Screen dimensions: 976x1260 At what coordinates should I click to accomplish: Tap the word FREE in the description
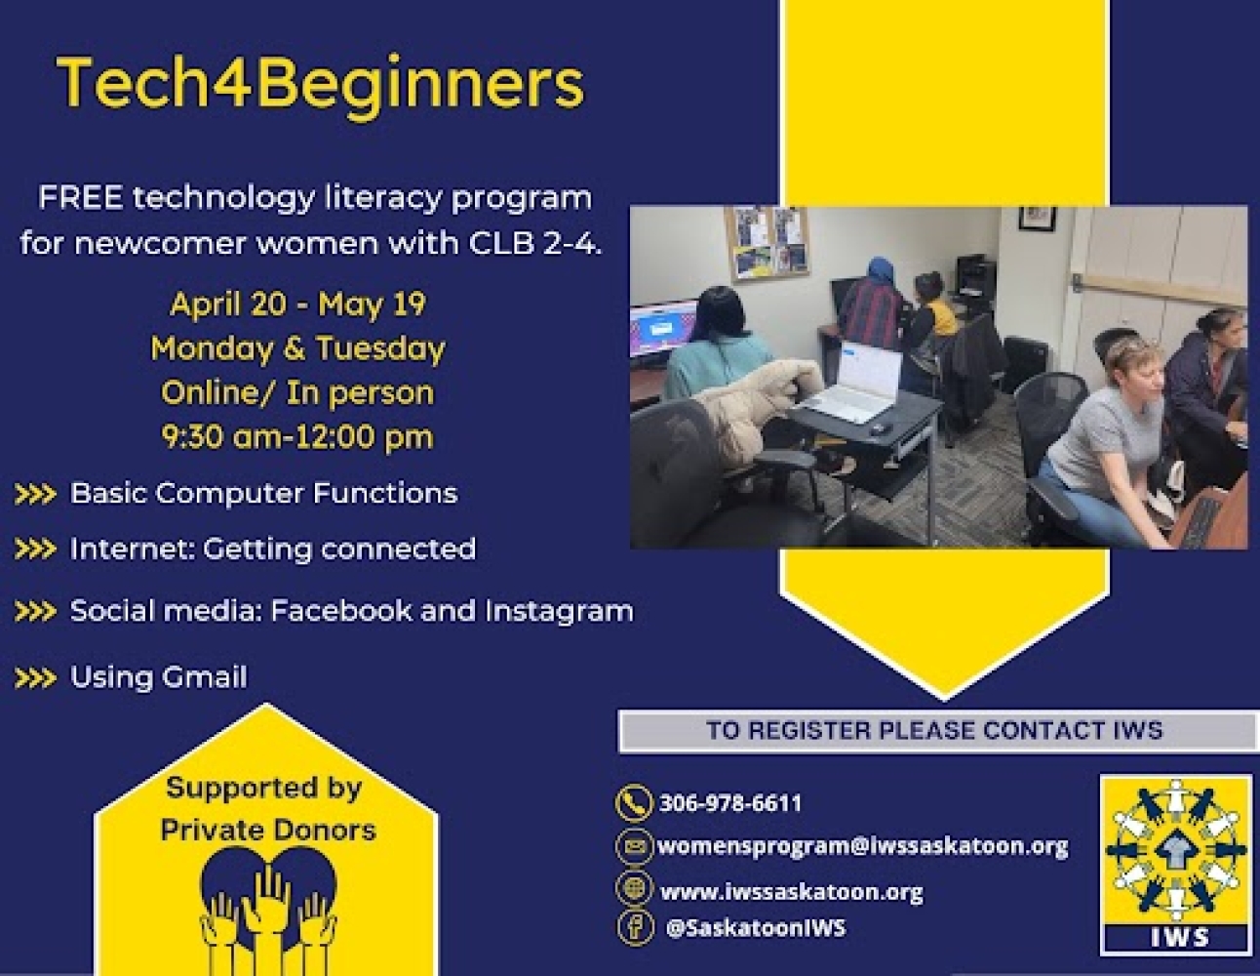pos(80,198)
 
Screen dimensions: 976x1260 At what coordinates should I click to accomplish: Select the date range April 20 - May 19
pos(297,305)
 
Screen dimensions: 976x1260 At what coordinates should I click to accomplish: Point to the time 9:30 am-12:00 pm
pos(297,436)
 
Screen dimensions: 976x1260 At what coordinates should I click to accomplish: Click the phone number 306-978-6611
pos(730,803)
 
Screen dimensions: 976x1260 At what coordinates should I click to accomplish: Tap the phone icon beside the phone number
pos(634,803)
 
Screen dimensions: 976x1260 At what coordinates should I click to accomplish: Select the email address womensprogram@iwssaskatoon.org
pos(862,846)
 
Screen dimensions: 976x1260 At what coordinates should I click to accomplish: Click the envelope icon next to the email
pos(634,846)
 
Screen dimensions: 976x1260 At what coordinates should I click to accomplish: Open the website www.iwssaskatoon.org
pos(791,891)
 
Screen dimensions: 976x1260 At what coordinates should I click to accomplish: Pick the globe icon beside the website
pos(634,888)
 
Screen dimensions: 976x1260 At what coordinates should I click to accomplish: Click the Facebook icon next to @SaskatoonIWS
pos(634,926)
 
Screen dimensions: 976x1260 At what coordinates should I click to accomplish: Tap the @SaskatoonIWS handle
pos(755,927)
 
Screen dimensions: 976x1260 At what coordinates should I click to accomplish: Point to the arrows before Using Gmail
pos(35,678)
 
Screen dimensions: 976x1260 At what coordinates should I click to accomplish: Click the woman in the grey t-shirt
pos(1107,439)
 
